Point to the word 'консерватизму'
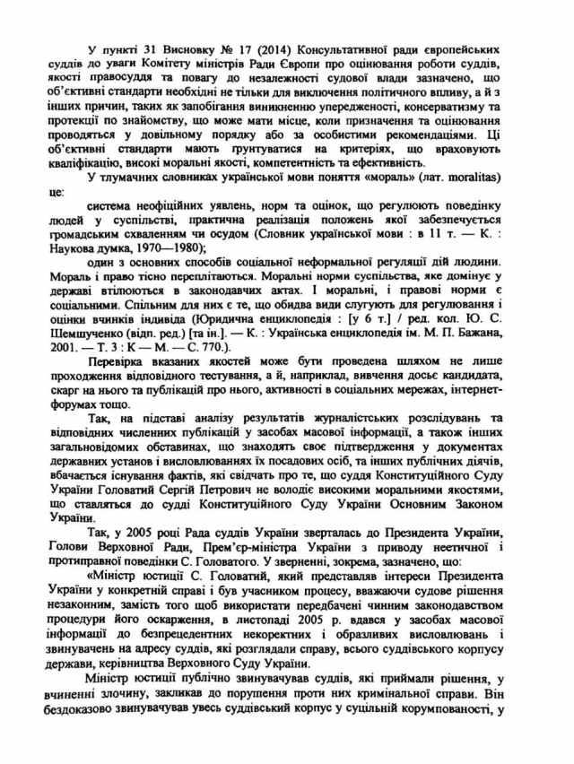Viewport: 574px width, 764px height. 434,100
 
